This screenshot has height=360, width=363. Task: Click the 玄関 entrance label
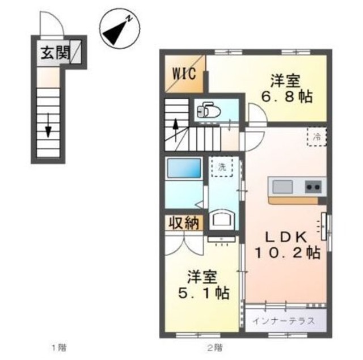click(56, 53)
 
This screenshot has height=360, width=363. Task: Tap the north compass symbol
click(120, 29)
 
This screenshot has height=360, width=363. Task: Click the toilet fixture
click(209, 110)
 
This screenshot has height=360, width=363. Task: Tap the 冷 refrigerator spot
click(317, 137)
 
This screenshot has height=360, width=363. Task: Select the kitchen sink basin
click(282, 187)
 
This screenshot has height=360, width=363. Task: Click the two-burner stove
click(313, 187)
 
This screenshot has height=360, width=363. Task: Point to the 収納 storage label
click(184, 223)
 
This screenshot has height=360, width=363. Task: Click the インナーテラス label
click(284, 321)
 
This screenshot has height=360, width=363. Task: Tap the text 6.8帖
click(287, 96)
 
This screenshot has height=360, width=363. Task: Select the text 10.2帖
click(288, 253)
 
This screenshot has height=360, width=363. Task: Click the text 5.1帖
click(204, 293)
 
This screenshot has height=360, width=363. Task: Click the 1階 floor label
click(59, 348)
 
